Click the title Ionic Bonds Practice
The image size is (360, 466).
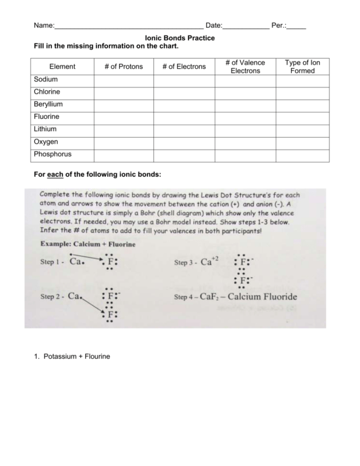[x=180, y=38]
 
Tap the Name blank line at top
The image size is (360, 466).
[x=129, y=26]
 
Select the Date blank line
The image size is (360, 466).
[x=246, y=26]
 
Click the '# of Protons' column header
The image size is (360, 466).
[x=124, y=67]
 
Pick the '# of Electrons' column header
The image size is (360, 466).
[x=184, y=67]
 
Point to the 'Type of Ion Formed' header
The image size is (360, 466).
[x=302, y=67]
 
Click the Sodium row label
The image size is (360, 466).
[x=46, y=80]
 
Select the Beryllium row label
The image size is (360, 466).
[x=48, y=104]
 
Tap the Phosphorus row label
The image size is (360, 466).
[x=52, y=154]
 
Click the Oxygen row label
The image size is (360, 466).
[x=46, y=142]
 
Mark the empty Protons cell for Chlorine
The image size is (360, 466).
[x=124, y=92]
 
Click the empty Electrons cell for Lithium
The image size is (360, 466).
[x=184, y=130]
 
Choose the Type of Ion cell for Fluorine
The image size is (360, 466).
[x=302, y=117]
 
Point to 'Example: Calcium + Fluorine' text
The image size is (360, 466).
[x=88, y=244]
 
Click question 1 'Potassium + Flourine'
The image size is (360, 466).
[x=77, y=356]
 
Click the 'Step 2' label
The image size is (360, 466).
[x=51, y=297]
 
